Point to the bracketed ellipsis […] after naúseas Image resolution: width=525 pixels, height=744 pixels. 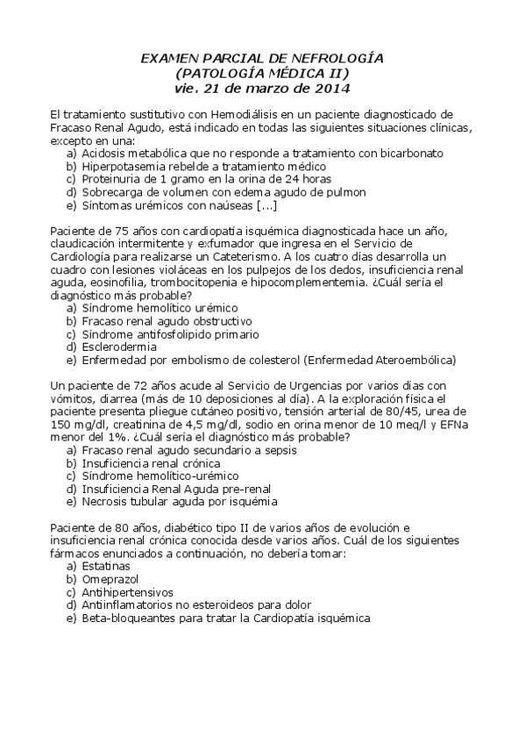(x=266, y=205)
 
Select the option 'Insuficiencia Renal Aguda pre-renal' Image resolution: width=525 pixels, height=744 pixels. (x=175, y=489)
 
